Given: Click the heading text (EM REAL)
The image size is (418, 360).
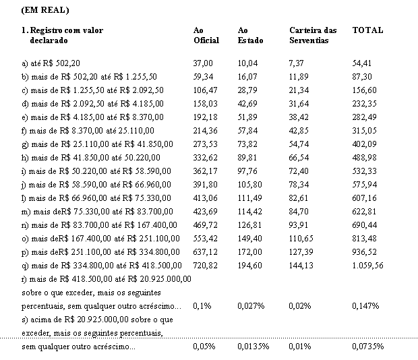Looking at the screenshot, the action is point(45,10).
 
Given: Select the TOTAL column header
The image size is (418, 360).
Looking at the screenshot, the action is point(367,30).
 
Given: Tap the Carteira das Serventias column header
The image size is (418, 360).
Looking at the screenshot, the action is point(313,35).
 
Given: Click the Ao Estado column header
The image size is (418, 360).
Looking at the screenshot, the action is point(250,35).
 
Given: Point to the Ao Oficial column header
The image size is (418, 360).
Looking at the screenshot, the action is point(206,35).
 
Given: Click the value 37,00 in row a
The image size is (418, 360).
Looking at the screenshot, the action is point(203,63).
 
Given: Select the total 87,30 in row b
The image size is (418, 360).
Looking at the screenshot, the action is point(362,77).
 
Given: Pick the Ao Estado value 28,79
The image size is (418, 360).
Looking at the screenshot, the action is point(247,90).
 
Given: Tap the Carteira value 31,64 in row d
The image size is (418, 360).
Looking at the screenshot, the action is point(299,104).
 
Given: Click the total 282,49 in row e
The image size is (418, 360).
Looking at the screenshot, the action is point(364,117).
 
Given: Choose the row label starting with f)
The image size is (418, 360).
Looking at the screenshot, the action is point(88,131).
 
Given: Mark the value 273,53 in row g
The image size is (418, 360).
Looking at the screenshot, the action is point(205,144).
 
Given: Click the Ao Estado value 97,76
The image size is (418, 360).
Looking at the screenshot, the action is point(247,171).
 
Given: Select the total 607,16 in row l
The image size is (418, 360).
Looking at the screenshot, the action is point(364,198).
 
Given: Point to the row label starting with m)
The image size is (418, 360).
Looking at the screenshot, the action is point(97,212).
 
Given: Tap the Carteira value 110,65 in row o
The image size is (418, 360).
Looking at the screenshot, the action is point(301,239).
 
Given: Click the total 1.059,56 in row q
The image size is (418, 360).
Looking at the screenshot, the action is point(367,266).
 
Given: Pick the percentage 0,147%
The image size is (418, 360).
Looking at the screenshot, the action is point(365,306).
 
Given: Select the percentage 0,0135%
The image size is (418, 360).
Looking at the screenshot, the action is point(253,347).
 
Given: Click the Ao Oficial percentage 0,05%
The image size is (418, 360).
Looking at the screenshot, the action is point(204,347).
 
